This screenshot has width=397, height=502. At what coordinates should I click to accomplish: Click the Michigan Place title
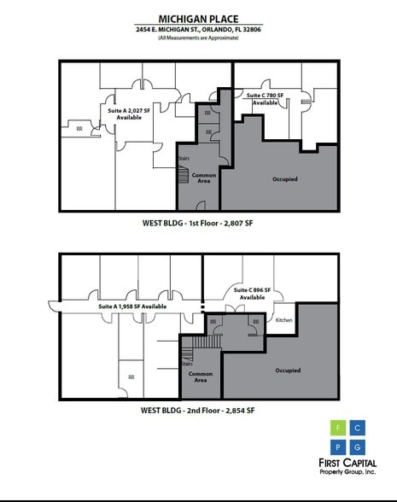pyautogui.click(x=198, y=18)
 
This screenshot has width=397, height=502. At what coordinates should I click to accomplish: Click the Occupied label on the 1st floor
pyautogui.click(x=285, y=179)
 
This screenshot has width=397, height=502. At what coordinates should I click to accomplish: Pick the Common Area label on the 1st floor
pyautogui.click(x=203, y=178)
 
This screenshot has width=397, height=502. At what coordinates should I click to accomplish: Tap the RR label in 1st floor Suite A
pyautogui.click(x=79, y=129)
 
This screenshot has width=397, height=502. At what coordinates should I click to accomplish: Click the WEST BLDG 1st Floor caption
pyautogui.click(x=198, y=223)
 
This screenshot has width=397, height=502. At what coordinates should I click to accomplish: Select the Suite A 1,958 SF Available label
pyautogui.click(x=132, y=306)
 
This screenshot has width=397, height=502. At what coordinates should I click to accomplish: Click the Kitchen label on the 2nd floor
pyautogui.click(x=284, y=320)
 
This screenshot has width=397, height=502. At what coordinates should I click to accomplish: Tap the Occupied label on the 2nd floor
pyautogui.click(x=288, y=371)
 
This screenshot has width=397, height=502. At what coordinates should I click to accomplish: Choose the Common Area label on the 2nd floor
pyautogui.click(x=201, y=377)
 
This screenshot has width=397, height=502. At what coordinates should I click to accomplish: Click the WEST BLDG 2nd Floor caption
pyautogui.click(x=198, y=411)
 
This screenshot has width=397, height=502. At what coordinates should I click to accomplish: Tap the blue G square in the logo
pyautogui.click(x=359, y=447)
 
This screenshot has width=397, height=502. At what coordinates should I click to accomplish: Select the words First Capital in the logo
pyautogui.click(x=351, y=463)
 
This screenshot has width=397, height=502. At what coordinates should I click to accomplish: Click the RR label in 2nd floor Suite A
pyautogui.click(x=131, y=376)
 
